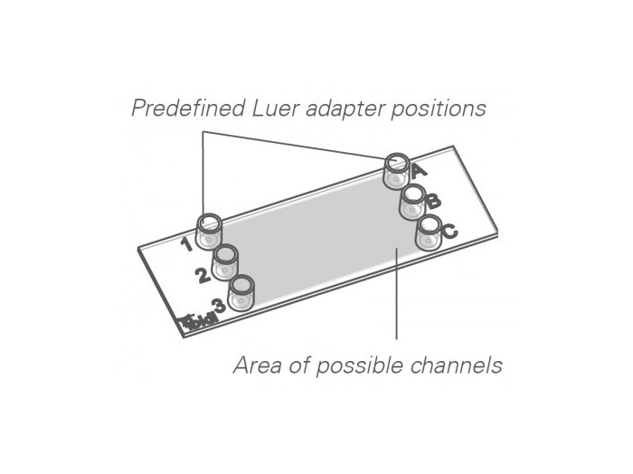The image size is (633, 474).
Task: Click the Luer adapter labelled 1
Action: tap(209, 232)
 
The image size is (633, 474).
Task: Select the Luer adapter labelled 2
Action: tap(224, 264)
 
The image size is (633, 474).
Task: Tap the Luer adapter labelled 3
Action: tap(241, 293)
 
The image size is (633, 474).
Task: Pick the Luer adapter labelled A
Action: tap(396, 171)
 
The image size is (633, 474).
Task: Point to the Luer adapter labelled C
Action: tap(429, 232)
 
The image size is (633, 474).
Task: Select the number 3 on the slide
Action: tap(217, 306)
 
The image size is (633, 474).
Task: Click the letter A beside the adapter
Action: tap(417, 169)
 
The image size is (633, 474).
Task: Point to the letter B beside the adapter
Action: tap(433, 201)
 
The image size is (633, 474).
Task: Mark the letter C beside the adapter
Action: tap(449, 231)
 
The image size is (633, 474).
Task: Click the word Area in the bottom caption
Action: tap(255, 366)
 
